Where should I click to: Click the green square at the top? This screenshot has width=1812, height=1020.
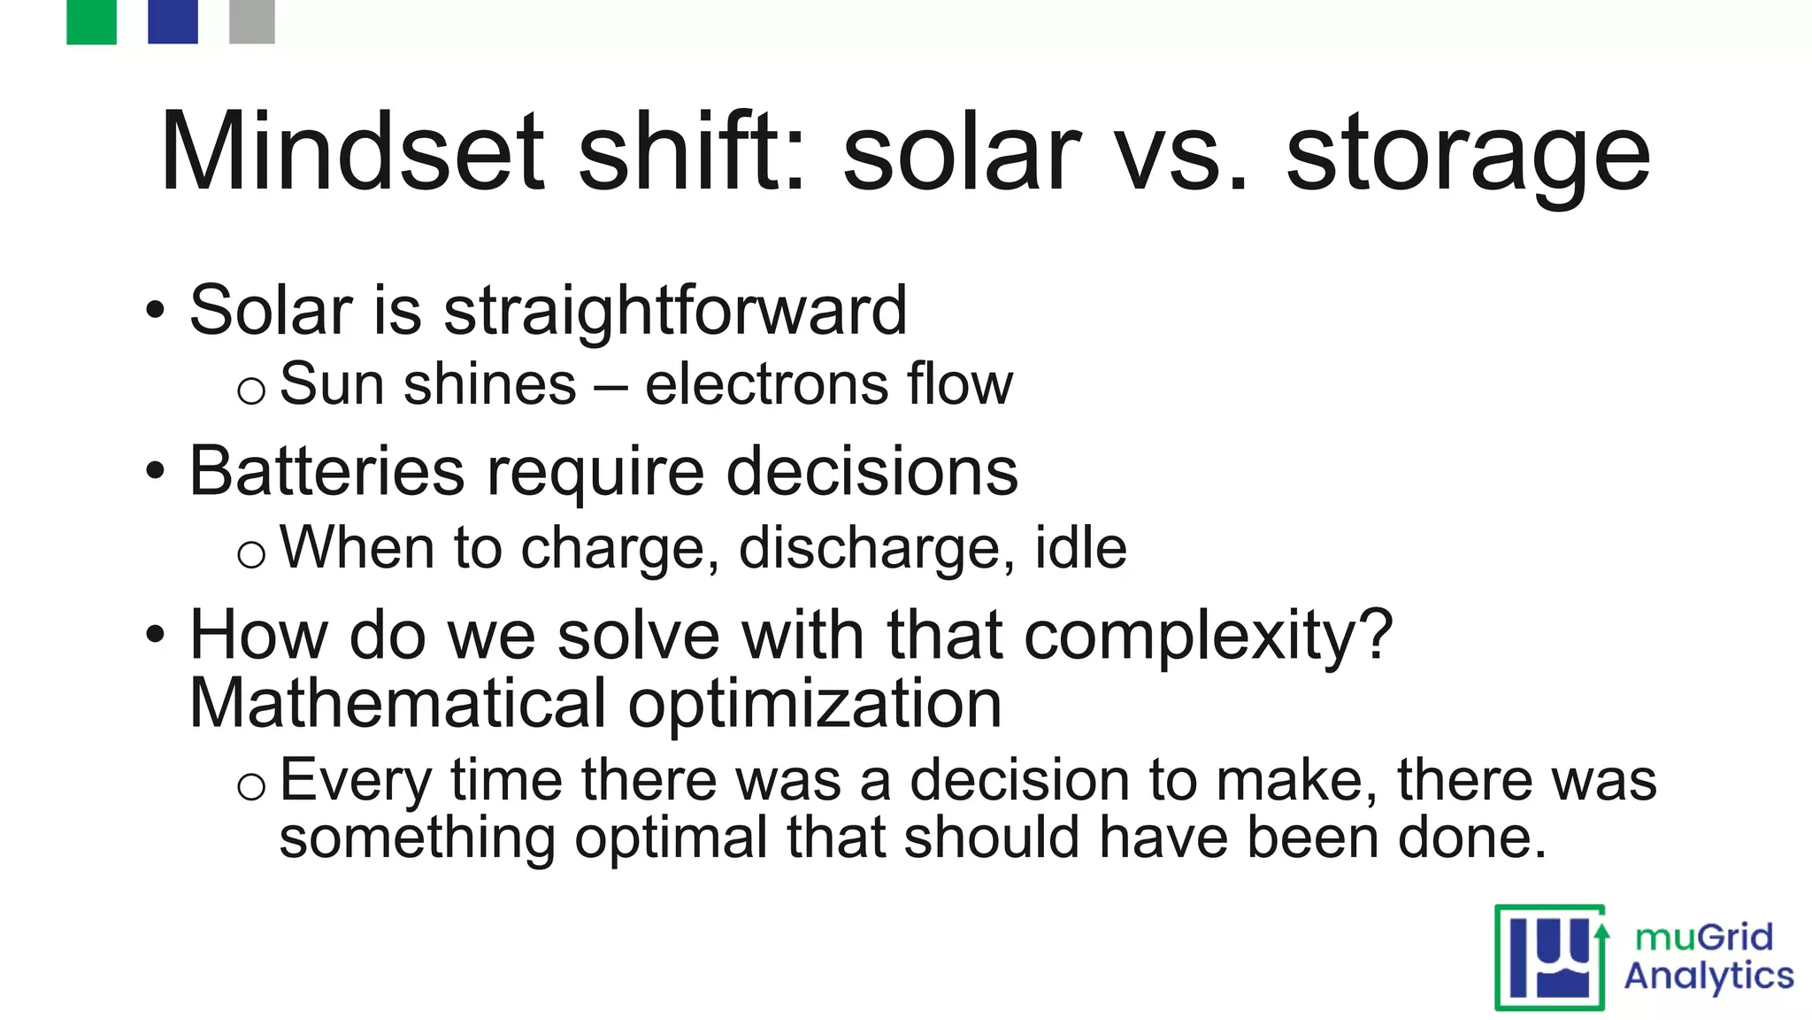click(x=91, y=21)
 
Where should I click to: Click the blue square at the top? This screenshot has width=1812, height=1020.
click(x=173, y=21)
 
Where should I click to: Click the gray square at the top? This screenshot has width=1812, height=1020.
click(x=252, y=21)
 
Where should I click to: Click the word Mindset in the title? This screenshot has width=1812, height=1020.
click(x=352, y=152)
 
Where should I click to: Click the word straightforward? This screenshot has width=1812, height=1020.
click(x=675, y=312)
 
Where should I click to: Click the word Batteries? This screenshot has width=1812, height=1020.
click(x=326, y=471)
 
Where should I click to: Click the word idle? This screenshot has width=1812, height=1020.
click(x=1080, y=547)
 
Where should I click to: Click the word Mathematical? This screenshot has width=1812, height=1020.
click(x=398, y=704)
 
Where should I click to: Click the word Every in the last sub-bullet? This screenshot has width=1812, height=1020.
click(x=355, y=782)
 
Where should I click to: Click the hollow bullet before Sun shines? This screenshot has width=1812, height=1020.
click(x=251, y=390)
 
